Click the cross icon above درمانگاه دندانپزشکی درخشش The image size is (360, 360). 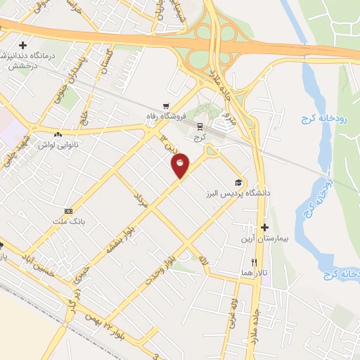[22, 45]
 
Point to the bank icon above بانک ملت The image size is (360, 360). [68, 211]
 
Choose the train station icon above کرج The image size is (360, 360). [200, 127]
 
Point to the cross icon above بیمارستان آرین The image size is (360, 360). [264, 227]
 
